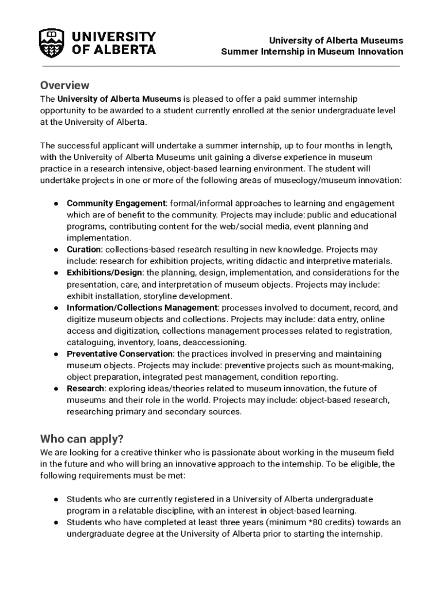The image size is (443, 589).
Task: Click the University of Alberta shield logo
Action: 51,43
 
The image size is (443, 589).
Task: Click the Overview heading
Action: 64,85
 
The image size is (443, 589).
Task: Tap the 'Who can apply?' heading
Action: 82,439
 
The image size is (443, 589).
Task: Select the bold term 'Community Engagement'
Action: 116,204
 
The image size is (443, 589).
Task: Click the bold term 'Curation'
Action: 84,250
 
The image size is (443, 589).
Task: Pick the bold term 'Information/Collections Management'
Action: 142,308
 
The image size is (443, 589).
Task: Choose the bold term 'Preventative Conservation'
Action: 120,354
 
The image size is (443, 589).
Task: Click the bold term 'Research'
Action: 85,389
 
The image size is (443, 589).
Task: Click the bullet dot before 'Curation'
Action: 56,250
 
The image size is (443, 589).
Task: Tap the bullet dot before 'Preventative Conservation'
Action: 56,354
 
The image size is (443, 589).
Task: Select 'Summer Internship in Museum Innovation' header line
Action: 312,52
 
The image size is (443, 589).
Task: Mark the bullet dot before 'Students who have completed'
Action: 56,522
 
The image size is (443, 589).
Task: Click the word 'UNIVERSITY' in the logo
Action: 113,36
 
